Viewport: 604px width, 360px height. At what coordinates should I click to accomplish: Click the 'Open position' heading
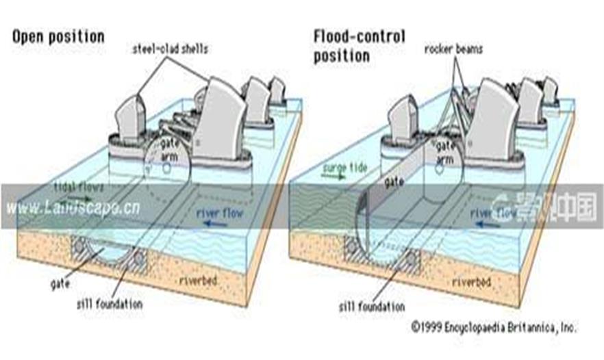58,36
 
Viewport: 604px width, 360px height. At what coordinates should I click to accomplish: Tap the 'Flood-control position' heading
360,45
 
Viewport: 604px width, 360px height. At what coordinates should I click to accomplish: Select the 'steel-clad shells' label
171,47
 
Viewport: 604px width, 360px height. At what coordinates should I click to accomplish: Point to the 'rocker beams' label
453,49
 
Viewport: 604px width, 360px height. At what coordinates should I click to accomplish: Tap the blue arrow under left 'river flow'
218,222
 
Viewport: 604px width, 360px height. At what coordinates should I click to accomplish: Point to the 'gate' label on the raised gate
392,183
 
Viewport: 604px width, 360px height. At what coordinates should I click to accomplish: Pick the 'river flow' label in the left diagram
219,212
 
